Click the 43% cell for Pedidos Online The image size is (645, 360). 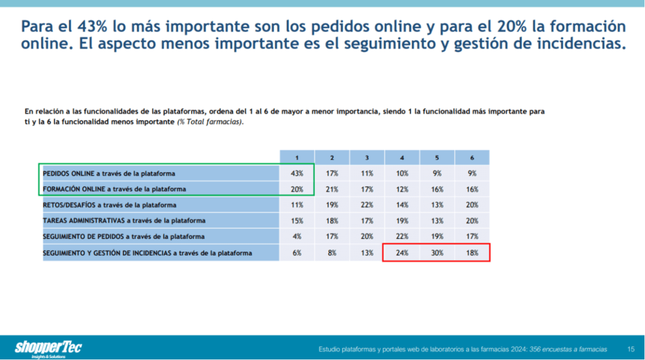point(297,173)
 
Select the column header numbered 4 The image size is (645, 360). point(402,157)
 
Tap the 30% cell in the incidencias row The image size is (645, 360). point(437,253)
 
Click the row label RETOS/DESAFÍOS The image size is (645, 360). point(110,205)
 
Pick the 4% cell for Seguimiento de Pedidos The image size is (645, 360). point(297,236)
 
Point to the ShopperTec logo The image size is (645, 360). point(48,348)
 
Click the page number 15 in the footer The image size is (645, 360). point(631,349)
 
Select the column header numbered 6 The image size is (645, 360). point(472,157)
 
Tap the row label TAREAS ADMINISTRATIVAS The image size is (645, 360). point(124,221)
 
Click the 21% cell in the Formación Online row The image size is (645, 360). point(332,189)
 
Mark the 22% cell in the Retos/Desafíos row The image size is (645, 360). point(367,205)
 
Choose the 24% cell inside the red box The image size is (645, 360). point(402,253)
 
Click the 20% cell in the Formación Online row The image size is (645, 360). point(297,189)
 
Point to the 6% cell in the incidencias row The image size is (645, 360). point(297,253)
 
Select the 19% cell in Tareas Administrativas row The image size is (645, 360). point(402,221)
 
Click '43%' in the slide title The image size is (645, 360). point(92,26)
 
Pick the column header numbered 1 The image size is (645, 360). point(297,157)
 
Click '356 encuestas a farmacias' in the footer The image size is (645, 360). point(568,349)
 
